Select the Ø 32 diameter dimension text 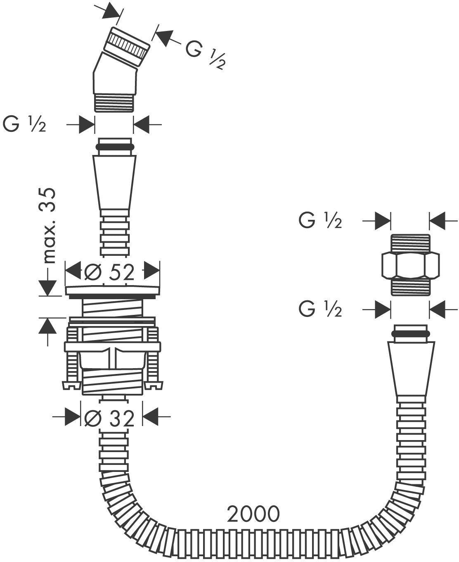click(x=109, y=418)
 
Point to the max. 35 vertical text click(x=49, y=226)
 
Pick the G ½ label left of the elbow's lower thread click(x=24, y=124)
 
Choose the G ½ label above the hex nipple click(x=320, y=220)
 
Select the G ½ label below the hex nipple click(x=320, y=309)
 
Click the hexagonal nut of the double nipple click(x=410, y=265)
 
